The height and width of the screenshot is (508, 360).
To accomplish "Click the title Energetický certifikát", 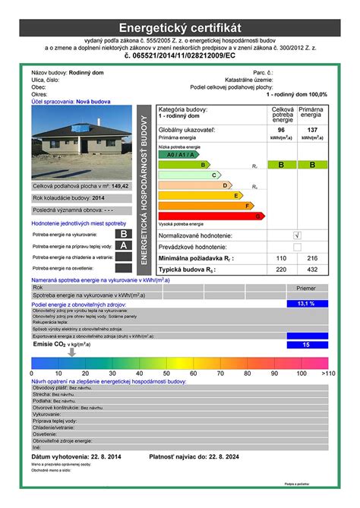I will (x=179, y=27).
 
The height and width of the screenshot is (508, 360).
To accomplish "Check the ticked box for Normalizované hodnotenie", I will (x=297, y=235).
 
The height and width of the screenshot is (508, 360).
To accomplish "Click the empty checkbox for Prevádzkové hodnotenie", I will (x=297, y=247).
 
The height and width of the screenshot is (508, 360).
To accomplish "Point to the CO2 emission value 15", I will (x=307, y=345).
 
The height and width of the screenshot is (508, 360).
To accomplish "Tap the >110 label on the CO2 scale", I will (x=327, y=374).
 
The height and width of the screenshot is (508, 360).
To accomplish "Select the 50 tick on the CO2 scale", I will (x=166, y=374).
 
